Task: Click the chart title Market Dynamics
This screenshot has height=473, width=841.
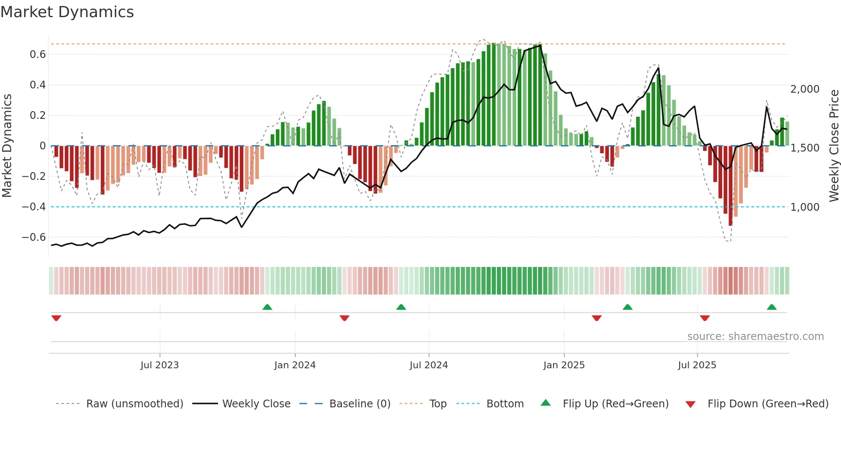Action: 67,12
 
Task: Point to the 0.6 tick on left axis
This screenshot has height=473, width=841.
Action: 37,55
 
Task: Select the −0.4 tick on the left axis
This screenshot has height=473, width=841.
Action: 33,207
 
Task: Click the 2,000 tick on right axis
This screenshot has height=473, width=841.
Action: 805,89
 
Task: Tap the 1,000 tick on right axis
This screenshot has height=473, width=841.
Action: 805,207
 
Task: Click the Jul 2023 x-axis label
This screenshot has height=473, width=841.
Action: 160,365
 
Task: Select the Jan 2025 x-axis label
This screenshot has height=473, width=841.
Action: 564,365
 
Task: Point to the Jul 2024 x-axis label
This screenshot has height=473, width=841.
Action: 429,365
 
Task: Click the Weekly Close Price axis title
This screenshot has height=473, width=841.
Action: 834,146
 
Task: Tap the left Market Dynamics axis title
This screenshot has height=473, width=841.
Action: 7,146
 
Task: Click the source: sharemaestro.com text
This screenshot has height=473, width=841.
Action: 755,337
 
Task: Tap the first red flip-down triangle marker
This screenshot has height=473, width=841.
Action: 56,318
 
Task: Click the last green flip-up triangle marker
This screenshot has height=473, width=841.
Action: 771,307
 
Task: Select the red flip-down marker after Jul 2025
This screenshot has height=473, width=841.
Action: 705,318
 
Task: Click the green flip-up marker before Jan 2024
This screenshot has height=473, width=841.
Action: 267,307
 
